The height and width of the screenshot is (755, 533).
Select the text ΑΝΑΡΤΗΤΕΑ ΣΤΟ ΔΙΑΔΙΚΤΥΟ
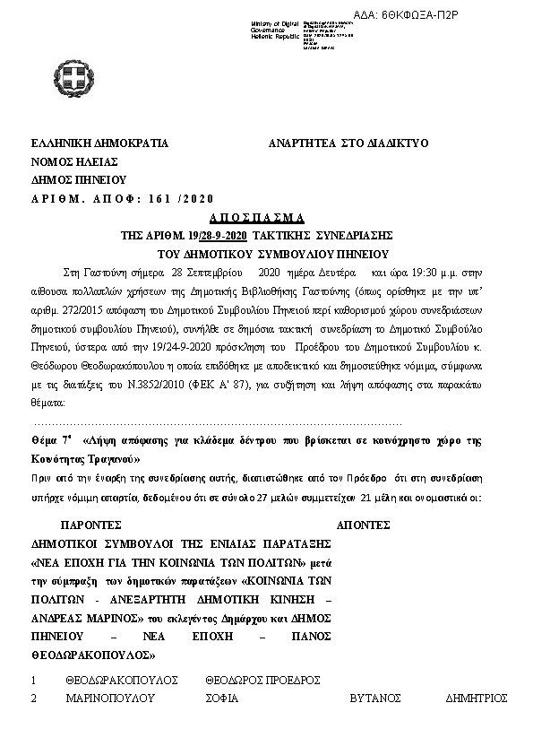pos(349,143)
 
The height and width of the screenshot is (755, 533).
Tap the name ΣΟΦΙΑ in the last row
pos(225,698)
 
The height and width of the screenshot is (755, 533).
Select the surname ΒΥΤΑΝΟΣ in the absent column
pos(375,698)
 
